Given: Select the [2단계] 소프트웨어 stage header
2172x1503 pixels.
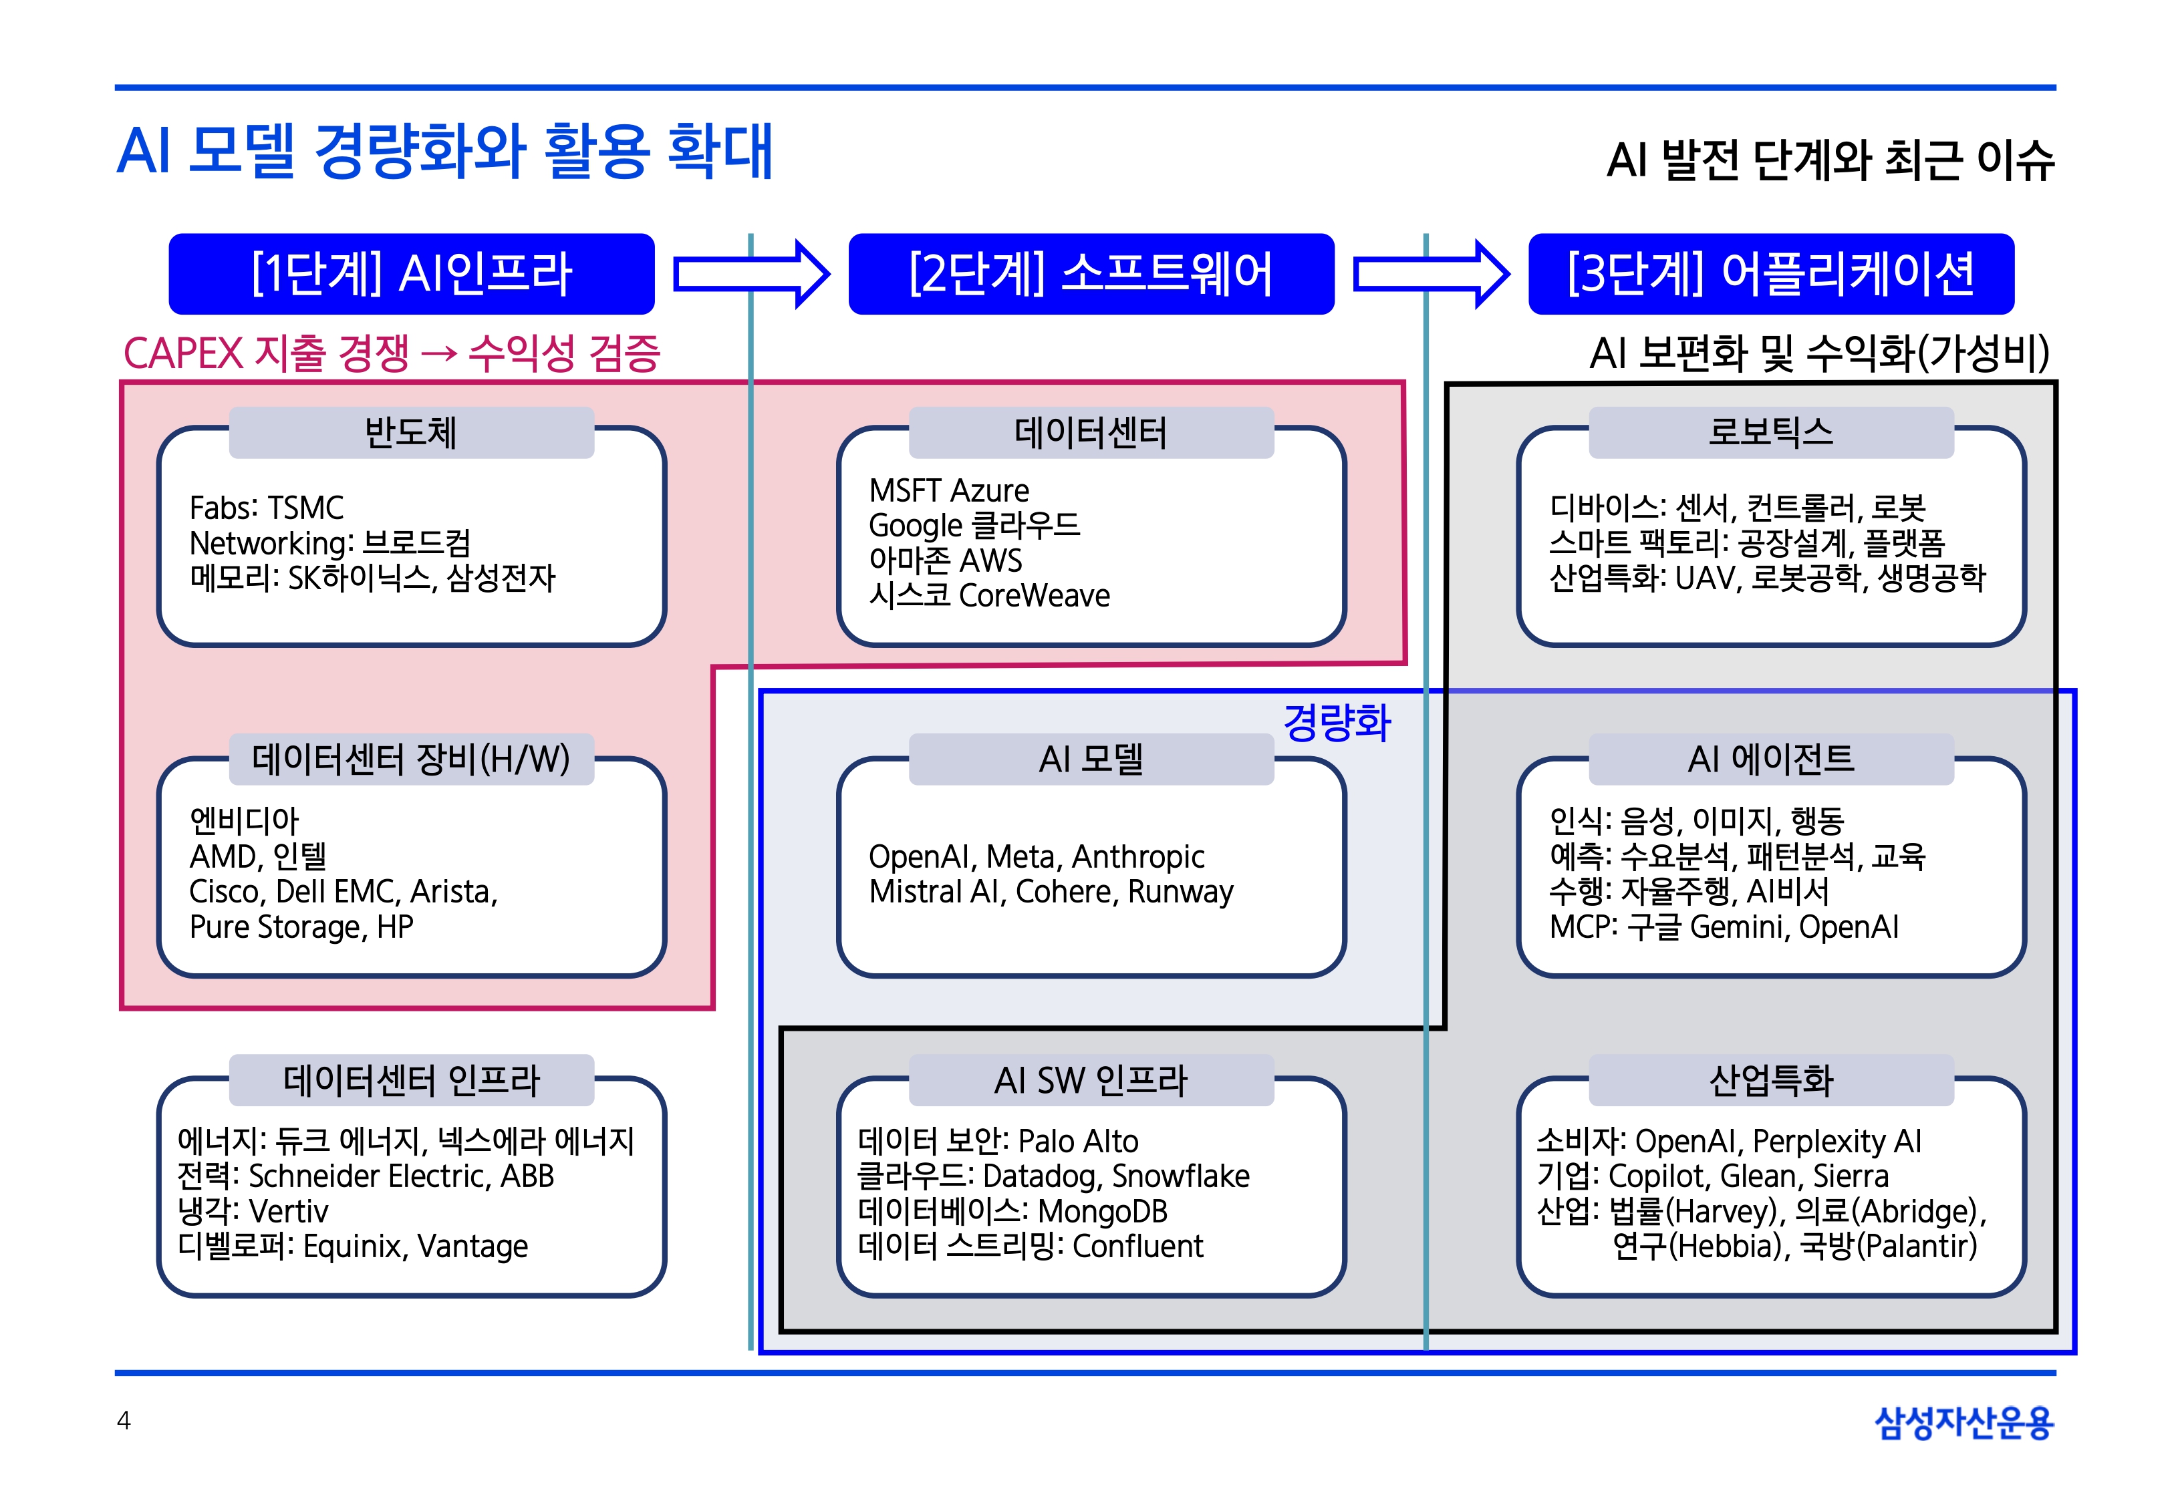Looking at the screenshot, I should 1091,274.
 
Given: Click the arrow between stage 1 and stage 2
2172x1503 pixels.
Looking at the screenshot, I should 752,274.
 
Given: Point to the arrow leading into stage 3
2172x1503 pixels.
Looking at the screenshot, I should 1431,274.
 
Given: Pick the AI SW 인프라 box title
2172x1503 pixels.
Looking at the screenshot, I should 1091,1080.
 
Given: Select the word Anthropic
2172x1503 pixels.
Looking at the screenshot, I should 1138,857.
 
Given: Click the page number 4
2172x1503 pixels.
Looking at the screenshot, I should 124,1420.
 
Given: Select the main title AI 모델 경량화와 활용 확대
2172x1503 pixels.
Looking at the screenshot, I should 444,152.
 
